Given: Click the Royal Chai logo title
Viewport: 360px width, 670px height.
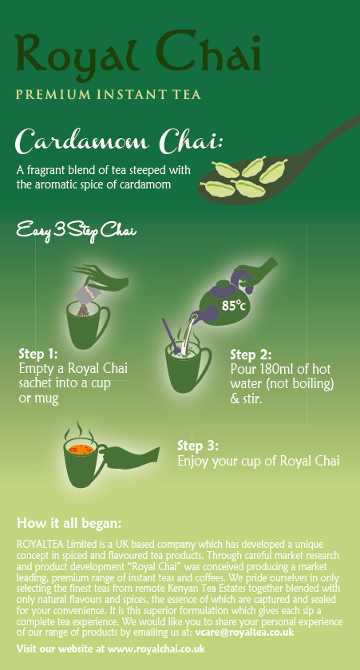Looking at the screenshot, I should coord(137,54).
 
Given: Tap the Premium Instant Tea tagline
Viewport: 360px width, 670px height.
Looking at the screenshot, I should coord(108,95).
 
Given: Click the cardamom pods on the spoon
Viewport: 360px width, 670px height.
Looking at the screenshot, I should coord(243,173).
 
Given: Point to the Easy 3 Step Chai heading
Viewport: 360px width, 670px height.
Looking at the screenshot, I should coord(77,232).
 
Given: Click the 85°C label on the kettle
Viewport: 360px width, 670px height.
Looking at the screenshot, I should coord(233,304).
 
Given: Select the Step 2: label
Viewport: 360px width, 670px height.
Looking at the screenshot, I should coord(251,354).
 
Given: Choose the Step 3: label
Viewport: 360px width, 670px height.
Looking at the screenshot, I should coord(198,446).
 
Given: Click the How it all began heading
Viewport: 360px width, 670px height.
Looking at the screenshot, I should coord(69,524).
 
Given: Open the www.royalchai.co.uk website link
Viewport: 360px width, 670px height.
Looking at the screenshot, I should coord(156,648).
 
